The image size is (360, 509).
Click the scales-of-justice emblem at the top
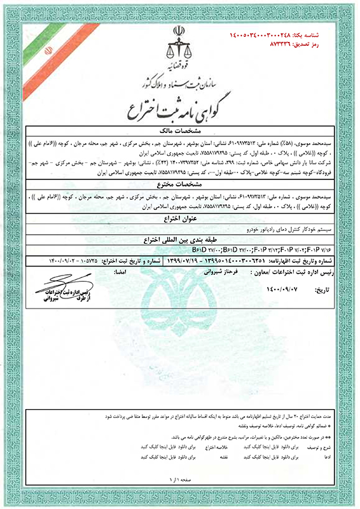180,45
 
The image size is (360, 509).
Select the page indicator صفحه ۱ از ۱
180,477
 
